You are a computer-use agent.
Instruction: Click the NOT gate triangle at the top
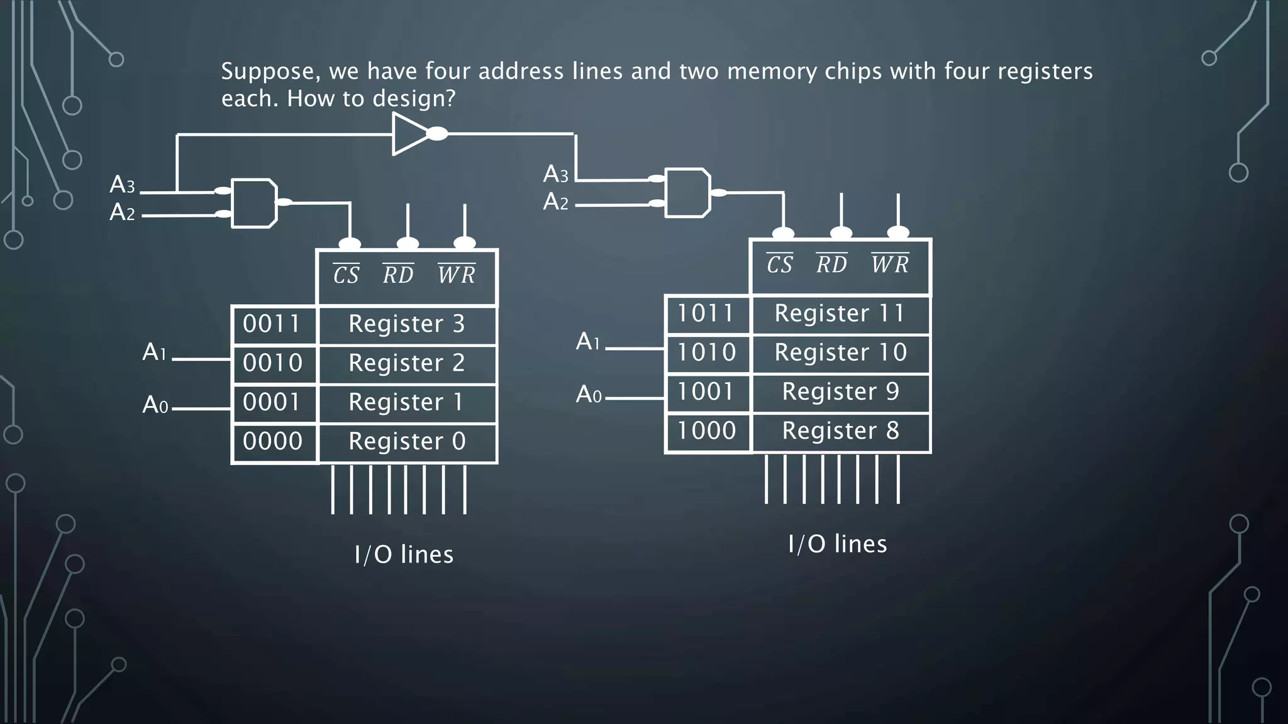tap(409, 134)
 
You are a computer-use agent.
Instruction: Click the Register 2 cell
tap(407, 363)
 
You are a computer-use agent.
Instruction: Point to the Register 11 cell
tap(840, 314)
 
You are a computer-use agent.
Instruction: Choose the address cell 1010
tap(706, 353)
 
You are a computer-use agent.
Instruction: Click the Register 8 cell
tap(840, 431)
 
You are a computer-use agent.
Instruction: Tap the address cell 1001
tap(706, 392)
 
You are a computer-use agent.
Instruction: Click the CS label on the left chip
tap(346, 275)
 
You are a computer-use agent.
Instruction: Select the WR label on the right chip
tap(890, 264)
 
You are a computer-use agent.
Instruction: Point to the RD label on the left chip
tap(398, 275)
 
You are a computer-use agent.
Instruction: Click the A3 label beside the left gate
tap(122, 185)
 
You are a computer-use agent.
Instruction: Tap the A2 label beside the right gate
tap(556, 202)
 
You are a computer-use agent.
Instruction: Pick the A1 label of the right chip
tap(588, 342)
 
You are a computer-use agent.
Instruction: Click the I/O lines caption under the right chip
tap(837, 544)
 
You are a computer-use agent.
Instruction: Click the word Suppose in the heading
tap(267, 72)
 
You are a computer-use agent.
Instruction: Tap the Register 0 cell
tap(407, 442)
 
